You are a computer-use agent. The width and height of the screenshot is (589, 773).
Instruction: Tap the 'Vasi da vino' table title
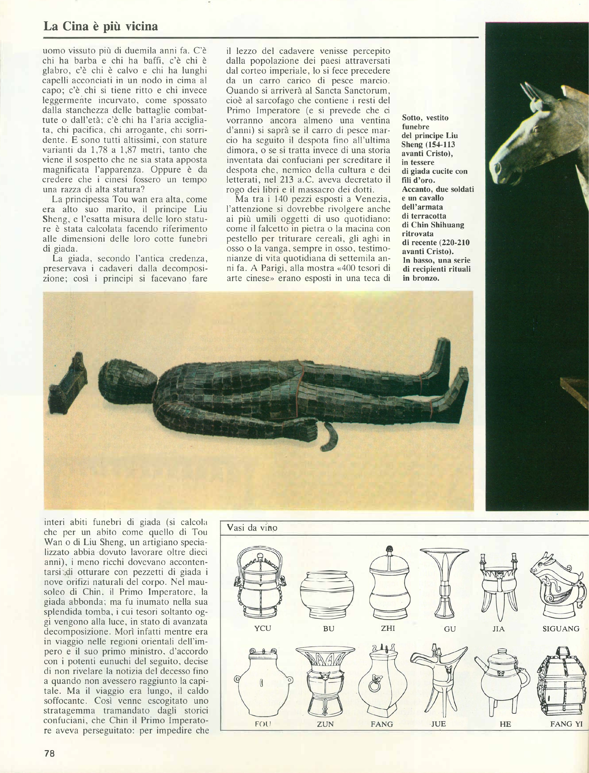(252, 528)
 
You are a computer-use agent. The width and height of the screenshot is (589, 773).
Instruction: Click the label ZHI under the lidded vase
(388, 628)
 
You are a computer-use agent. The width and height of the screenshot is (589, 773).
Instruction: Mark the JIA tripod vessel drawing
(498, 584)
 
